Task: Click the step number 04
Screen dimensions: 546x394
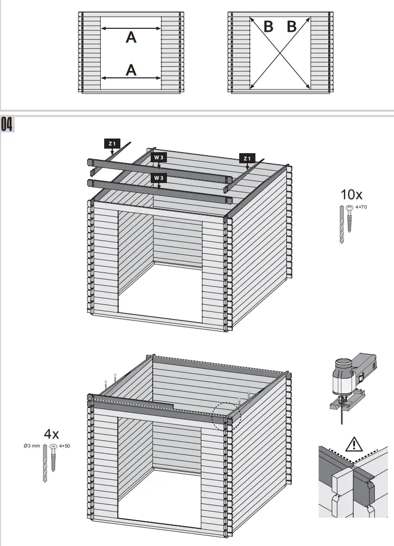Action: tap(8, 124)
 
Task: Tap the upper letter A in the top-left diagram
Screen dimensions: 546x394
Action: tap(131, 37)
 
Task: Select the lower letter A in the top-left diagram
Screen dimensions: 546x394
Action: tap(131, 70)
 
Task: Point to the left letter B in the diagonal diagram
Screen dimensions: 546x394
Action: tap(269, 26)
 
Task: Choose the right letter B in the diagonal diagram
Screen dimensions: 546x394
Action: tap(292, 26)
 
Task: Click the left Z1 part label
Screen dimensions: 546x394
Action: tap(112, 144)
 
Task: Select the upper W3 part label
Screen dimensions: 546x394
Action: tap(159, 157)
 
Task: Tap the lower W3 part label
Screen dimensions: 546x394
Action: tap(159, 177)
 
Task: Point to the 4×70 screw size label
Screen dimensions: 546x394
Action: tap(361, 207)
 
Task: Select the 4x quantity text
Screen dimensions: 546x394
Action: tap(51, 433)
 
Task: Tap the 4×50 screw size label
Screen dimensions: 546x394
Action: tap(65, 446)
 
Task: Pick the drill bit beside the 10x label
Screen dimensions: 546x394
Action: tap(341, 225)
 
